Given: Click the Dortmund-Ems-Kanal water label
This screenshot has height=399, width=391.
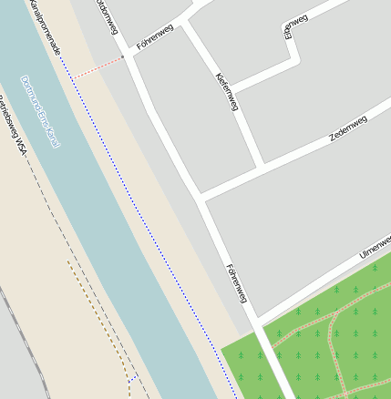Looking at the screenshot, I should (40, 112).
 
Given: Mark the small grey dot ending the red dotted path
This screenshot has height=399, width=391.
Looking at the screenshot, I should (123, 57).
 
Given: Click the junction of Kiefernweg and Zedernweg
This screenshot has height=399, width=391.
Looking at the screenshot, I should (262, 167).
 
